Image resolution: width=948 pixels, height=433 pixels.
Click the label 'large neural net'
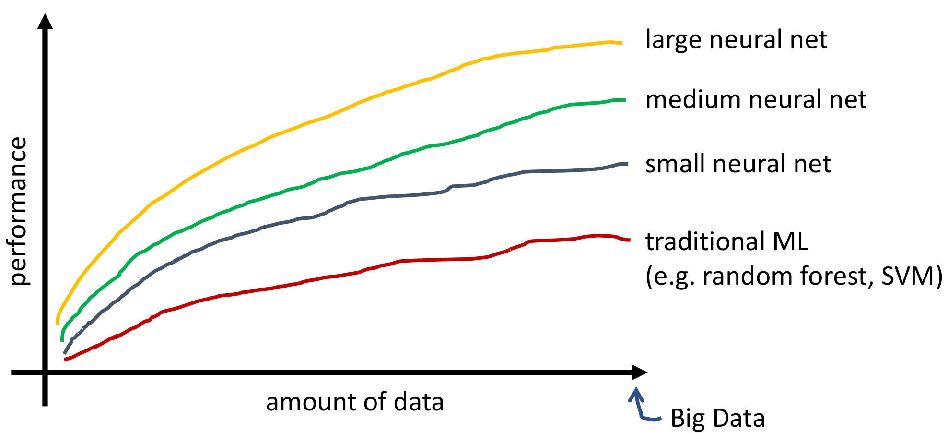(736, 40)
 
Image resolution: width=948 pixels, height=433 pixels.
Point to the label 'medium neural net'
(756, 100)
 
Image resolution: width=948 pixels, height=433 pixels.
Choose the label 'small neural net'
(737, 164)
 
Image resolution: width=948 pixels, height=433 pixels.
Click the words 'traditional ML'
(726, 241)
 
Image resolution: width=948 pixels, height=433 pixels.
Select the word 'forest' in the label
(830, 277)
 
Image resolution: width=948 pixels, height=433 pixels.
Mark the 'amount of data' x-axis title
(355, 402)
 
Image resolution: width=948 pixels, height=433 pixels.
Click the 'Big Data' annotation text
(717, 418)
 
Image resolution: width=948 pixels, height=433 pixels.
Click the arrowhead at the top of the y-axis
(45, 21)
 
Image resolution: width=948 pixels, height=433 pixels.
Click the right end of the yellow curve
(621, 43)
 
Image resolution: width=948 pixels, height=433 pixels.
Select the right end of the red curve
(629, 240)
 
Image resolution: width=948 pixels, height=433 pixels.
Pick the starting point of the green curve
(62, 340)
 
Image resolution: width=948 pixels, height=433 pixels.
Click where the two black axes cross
(45, 372)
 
